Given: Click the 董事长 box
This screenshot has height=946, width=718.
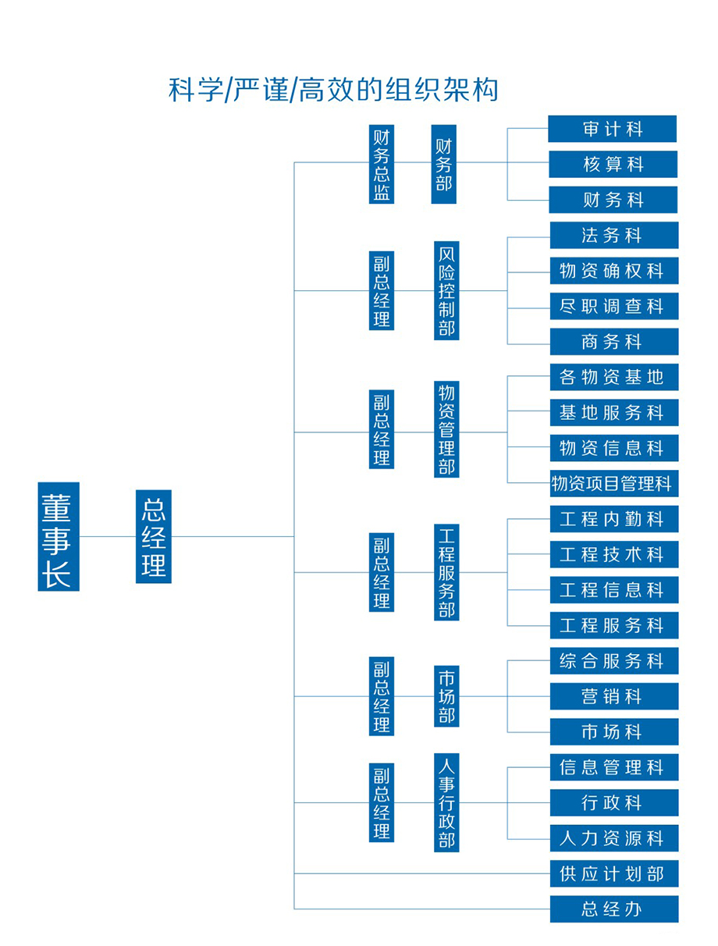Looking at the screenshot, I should point(59,536).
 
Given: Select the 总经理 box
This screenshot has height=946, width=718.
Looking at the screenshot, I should point(154,536).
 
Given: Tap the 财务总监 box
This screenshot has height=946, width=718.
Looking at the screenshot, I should point(381,164).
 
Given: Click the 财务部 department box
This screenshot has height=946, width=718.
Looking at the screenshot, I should point(443,164).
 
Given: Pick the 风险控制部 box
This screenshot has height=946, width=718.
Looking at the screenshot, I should point(446,290).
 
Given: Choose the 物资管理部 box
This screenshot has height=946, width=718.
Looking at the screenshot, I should point(446,429).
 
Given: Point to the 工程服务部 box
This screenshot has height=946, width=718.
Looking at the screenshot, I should point(446,572).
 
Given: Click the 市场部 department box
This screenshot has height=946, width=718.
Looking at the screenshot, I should point(446,696).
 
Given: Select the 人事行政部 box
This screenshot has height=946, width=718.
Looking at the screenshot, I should point(446,802).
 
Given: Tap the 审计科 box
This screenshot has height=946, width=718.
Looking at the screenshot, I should point(612,129).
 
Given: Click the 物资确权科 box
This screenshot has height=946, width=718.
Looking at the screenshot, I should point(613,271).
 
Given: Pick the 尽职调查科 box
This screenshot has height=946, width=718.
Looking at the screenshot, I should point(613,307).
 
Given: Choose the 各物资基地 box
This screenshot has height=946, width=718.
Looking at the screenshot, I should point(613,377).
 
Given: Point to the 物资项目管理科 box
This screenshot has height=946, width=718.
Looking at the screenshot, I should point(613,484).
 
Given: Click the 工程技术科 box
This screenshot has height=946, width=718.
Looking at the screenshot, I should point(613,555).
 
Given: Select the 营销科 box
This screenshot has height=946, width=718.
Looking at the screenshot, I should point(613,696).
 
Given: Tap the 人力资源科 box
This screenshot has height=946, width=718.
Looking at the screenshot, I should point(613,838).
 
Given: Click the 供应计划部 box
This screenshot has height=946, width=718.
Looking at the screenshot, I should point(613,873).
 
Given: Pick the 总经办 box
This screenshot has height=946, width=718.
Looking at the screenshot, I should point(613,909).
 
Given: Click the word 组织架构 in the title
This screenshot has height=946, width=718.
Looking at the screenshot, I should point(442,90).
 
